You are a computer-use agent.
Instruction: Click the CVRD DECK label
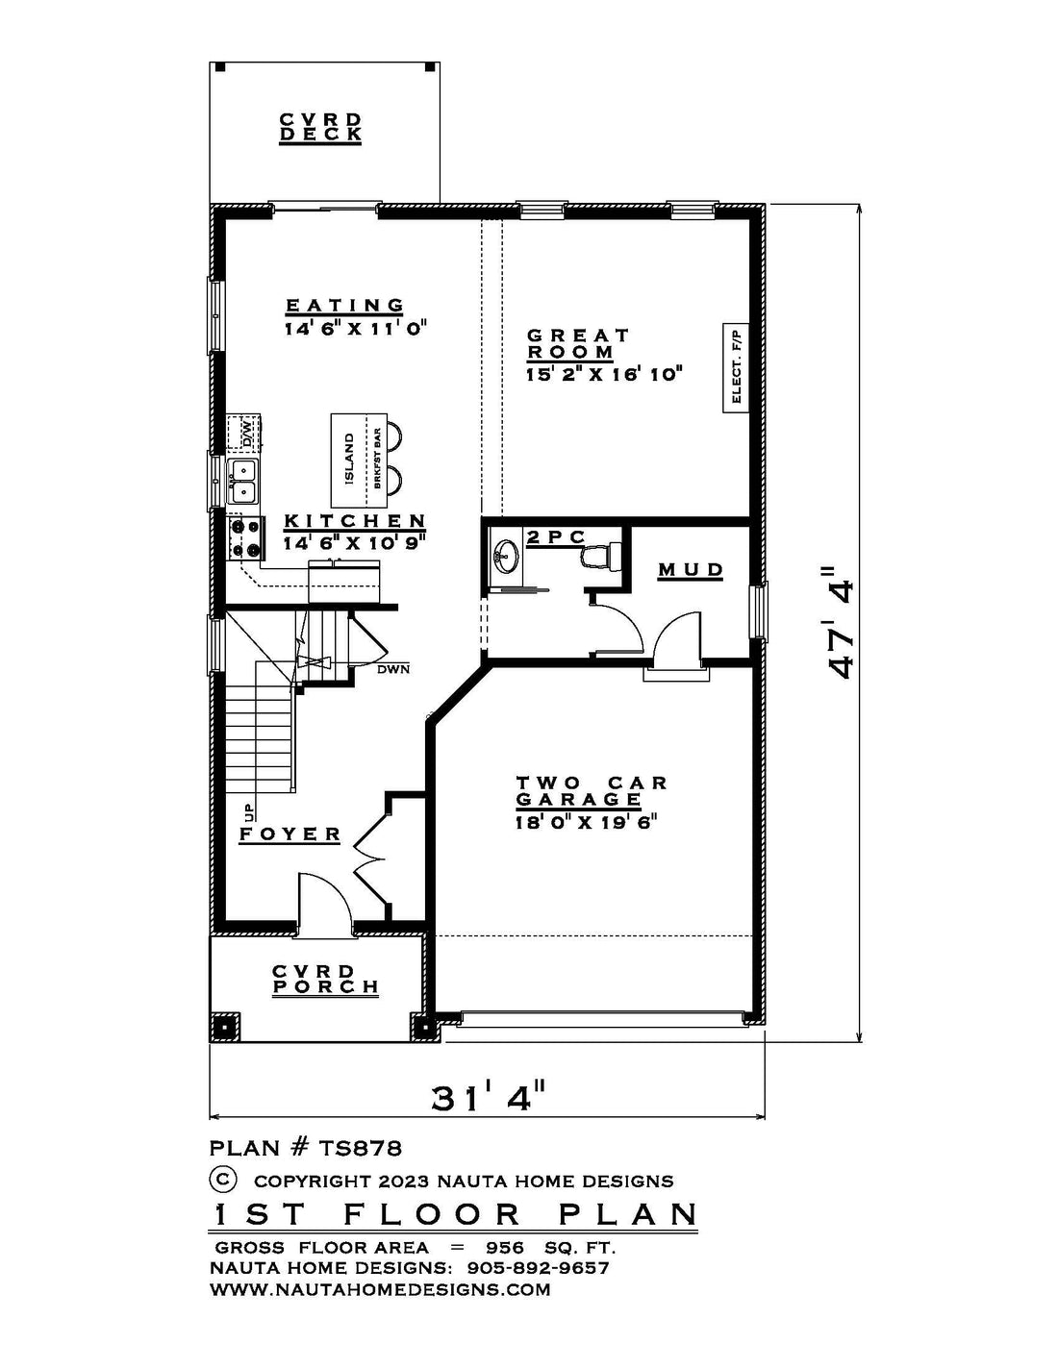pos(320,128)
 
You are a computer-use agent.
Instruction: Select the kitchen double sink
pos(242,481)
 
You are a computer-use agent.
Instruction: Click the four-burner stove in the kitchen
pos(245,537)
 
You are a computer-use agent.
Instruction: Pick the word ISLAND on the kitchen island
pos(349,459)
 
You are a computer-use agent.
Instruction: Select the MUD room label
pos(692,570)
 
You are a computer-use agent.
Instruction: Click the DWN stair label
pos(393,669)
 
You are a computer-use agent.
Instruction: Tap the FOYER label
pos(290,834)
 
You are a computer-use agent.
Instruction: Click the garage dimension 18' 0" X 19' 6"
pos(587,822)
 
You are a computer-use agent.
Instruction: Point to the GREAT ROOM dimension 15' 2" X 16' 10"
pos(605,374)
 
